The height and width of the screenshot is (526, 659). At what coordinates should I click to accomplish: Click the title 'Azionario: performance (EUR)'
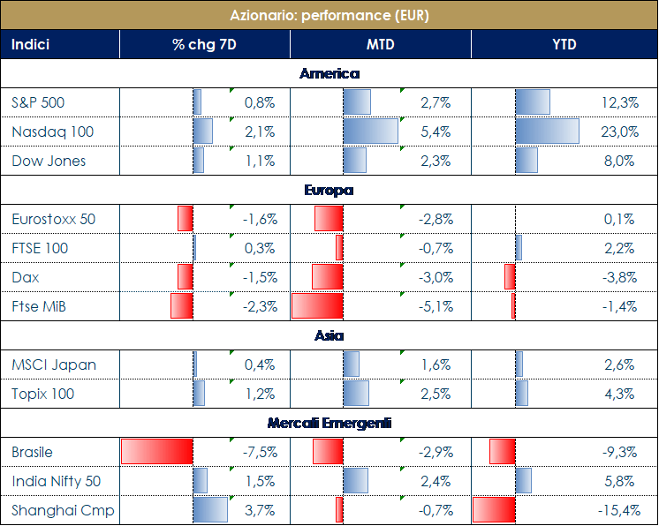tap(329, 15)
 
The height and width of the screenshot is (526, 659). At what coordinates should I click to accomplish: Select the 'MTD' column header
tap(381, 44)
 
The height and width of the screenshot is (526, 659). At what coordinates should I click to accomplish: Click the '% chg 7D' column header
tap(204, 44)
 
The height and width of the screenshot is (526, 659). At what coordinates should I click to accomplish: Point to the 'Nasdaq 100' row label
tap(53, 132)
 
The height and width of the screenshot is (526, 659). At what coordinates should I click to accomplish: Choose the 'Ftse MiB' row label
tap(40, 306)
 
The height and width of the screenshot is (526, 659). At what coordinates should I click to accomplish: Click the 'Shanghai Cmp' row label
tap(63, 510)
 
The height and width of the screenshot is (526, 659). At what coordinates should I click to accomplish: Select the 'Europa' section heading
tap(329, 190)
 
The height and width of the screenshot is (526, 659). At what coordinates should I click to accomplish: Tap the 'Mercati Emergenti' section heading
tap(329, 423)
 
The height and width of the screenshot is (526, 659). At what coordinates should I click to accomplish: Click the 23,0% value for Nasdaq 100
tap(619, 132)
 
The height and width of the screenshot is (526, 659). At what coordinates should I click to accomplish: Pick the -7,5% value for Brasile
tap(260, 452)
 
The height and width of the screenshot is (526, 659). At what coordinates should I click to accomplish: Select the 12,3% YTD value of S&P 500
tap(619, 102)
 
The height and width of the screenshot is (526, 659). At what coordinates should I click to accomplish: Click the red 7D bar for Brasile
tap(156, 452)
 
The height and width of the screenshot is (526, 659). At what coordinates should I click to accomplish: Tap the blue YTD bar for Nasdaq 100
tap(547, 132)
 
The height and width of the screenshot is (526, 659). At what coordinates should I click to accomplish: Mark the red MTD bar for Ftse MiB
tap(317, 306)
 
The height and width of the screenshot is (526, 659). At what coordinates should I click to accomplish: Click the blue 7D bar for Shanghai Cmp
tap(210, 510)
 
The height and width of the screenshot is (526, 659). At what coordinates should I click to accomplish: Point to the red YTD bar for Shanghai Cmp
tap(494, 510)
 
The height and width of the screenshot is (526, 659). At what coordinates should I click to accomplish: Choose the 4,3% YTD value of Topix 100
tap(619, 394)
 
